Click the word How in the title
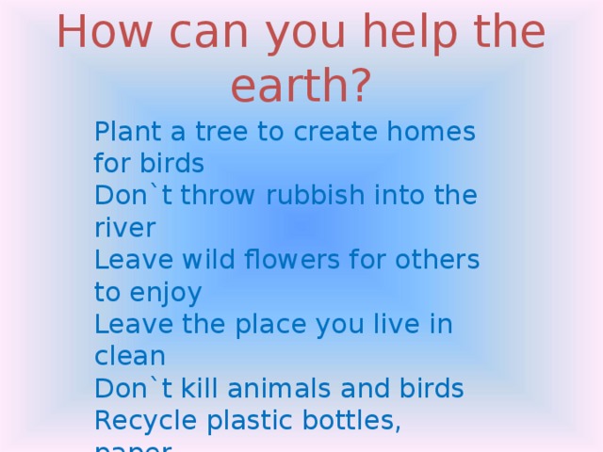(x=103, y=34)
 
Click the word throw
(x=219, y=197)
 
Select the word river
(x=123, y=229)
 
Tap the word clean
(x=130, y=357)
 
